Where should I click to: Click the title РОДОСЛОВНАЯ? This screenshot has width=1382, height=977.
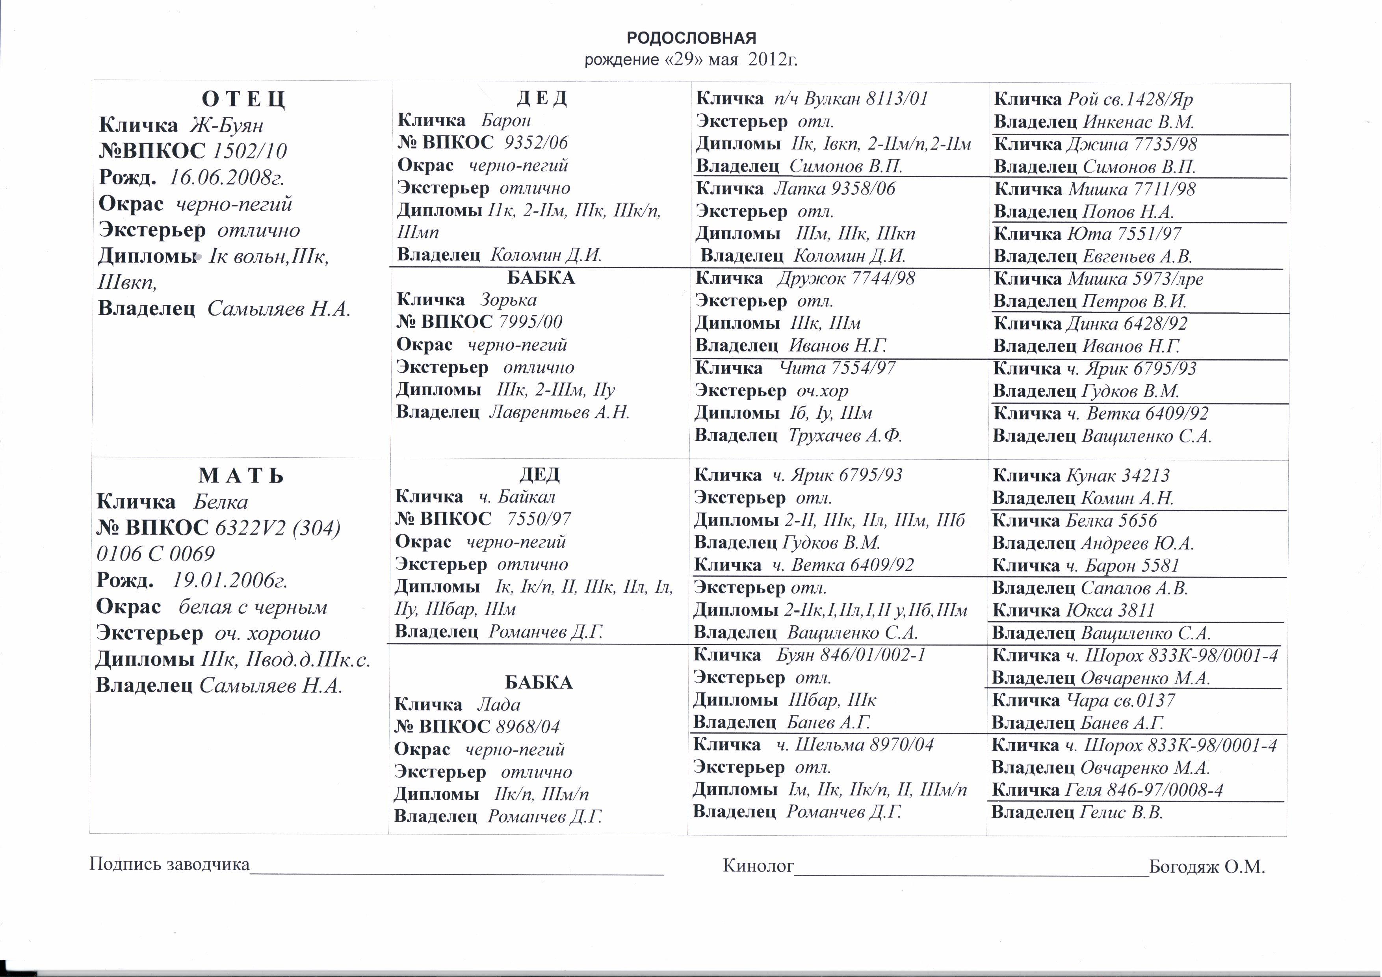691,39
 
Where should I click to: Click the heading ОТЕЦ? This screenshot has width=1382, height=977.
243,99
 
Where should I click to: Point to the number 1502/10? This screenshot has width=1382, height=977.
250,151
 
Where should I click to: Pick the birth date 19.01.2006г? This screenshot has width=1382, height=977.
229,580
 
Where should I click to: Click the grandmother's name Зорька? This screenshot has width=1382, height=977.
508,300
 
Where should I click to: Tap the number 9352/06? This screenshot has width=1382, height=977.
536,143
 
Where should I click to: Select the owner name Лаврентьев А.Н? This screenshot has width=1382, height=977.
559,412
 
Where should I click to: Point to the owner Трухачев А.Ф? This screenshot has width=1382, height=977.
845,435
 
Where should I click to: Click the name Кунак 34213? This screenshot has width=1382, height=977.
1118,475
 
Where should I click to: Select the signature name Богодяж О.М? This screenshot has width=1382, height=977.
1207,867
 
